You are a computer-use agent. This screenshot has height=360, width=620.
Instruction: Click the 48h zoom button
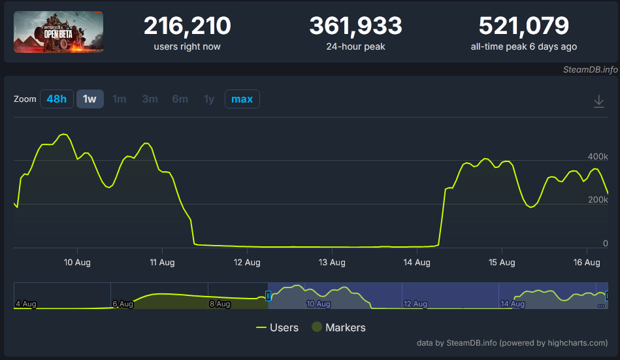[x=57, y=99]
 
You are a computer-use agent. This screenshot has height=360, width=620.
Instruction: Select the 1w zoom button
[x=90, y=99]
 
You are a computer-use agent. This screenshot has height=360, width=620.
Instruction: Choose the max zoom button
[x=242, y=99]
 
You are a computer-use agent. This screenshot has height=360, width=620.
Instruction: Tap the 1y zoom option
[x=208, y=99]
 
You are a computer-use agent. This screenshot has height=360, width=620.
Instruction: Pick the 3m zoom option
[x=150, y=99]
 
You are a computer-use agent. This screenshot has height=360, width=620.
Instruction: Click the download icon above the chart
[x=598, y=101]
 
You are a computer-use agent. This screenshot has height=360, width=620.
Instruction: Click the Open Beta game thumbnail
[x=58, y=32]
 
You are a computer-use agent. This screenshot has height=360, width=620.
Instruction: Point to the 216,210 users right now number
[x=187, y=27]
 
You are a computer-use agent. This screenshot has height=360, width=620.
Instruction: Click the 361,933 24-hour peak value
[x=355, y=27]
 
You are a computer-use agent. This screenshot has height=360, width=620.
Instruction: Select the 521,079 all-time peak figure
[x=523, y=27]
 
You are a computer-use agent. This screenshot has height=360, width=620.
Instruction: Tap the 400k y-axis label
[x=598, y=157]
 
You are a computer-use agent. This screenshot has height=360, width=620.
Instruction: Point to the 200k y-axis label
[x=598, y=200]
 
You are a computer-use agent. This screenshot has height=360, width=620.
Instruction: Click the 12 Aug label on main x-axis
[x=247, y=263]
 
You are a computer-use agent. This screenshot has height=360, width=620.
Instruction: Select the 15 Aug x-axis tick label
[x=502, y=263]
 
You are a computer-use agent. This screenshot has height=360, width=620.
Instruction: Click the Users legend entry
[x=278, y=327]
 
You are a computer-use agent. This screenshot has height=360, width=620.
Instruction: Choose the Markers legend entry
[x=338, y=327]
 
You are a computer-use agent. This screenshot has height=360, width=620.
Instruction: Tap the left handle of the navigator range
[x=268, y=296]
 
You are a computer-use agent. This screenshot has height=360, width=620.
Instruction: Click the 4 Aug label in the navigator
[x=25, y=304]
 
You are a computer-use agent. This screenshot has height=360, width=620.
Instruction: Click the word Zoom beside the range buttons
[x=25, y=99]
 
